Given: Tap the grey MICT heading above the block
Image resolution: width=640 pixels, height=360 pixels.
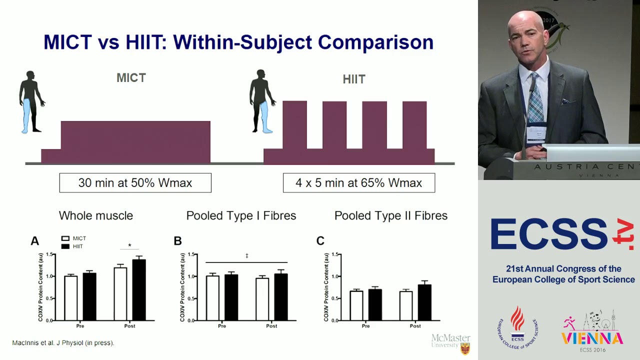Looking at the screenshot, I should click(x=131, y=78).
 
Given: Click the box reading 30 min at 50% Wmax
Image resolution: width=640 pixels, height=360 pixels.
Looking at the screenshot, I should click(x=135, y=183).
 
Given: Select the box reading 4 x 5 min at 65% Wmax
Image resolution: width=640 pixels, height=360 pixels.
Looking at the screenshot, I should click(x=358, y=183).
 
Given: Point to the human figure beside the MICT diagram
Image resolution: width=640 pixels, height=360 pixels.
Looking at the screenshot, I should click(x=31, y=102).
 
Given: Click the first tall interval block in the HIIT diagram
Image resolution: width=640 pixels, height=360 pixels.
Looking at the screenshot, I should click(x=294, y=125).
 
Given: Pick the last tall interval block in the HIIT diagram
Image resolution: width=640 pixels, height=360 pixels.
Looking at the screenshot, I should click(x=414, y=125).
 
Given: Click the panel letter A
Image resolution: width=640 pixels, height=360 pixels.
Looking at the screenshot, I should click(x=34, y=241).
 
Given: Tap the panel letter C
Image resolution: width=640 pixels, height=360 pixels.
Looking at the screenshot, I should click(x=320, y=241).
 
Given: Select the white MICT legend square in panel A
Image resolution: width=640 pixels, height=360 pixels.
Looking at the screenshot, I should click(x=65, y=239).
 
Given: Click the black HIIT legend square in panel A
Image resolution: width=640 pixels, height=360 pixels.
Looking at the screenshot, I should click(x=65, y=246).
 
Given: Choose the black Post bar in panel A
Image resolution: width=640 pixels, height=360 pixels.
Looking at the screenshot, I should click(x=138, y=290).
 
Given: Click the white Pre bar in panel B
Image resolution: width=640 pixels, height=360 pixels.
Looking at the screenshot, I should click(x=212, y=298).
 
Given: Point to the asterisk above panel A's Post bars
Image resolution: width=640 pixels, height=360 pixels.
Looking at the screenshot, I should click(x=129, y=245).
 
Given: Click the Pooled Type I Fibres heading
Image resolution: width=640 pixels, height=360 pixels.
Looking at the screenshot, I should click(x=241, y=216).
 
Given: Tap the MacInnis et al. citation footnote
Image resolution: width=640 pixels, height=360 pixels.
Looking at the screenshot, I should click(x=63, y=343).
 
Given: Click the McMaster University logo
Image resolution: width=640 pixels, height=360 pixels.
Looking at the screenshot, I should click(x=451, y=343).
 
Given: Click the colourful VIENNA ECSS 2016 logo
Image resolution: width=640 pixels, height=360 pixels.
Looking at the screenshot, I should click(x=592, y=332).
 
